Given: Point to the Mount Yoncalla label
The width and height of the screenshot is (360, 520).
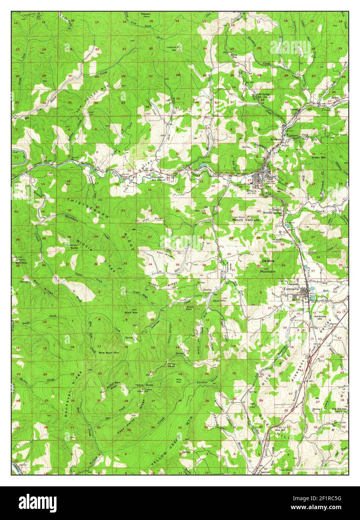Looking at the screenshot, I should pyautogui.click(x=246, y=220).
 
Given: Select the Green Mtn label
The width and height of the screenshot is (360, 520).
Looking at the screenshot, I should pyautogui.click(x=319, y=157).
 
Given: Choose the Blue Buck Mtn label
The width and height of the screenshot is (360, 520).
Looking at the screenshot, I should pyautogui.click(x=109, y=352).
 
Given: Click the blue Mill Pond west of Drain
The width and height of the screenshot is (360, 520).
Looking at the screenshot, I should pyautogui.click(x=202, y=165).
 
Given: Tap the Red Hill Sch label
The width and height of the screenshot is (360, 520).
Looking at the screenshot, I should pyautogui.click(x=339, y=409).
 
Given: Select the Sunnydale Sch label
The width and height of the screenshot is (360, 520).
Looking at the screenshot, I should pyautogui.click(x=158, y=178).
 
